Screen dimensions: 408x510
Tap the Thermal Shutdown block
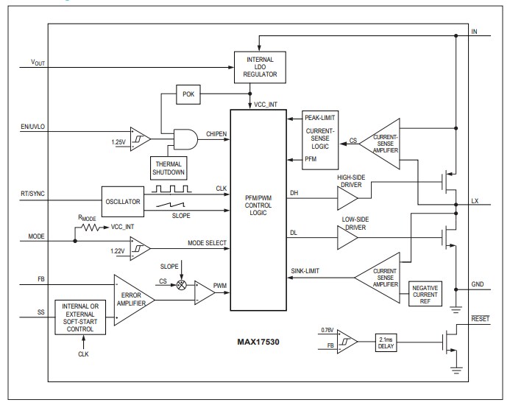point(169,166)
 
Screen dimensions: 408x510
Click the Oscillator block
point(125,201)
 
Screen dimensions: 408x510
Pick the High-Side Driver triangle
point(350,197)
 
